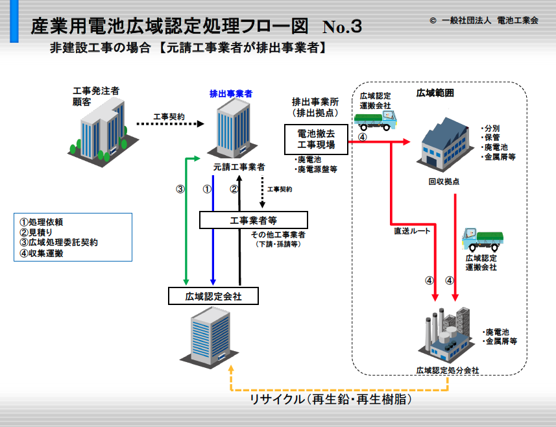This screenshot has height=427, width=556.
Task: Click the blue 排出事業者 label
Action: (231, 93)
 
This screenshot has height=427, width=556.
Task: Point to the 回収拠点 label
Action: (444, 182)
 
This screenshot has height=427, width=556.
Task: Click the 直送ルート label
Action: (412, 231)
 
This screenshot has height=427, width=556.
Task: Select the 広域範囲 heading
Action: (435, 93)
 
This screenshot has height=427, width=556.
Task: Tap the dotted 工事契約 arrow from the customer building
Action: (170, 124)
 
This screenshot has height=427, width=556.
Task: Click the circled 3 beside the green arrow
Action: (180, 189)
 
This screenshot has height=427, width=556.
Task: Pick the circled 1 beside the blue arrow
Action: (207, 189)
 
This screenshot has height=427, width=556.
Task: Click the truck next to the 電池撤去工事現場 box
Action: (375, 120)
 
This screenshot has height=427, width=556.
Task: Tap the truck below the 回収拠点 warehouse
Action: (483, 239)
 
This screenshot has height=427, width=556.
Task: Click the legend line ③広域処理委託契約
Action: (58, 243)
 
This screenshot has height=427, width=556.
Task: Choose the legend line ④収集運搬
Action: (41, 253)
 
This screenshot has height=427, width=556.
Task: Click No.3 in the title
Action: (342, 26)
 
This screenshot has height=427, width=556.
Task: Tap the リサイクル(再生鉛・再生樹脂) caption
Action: (331, 399)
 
